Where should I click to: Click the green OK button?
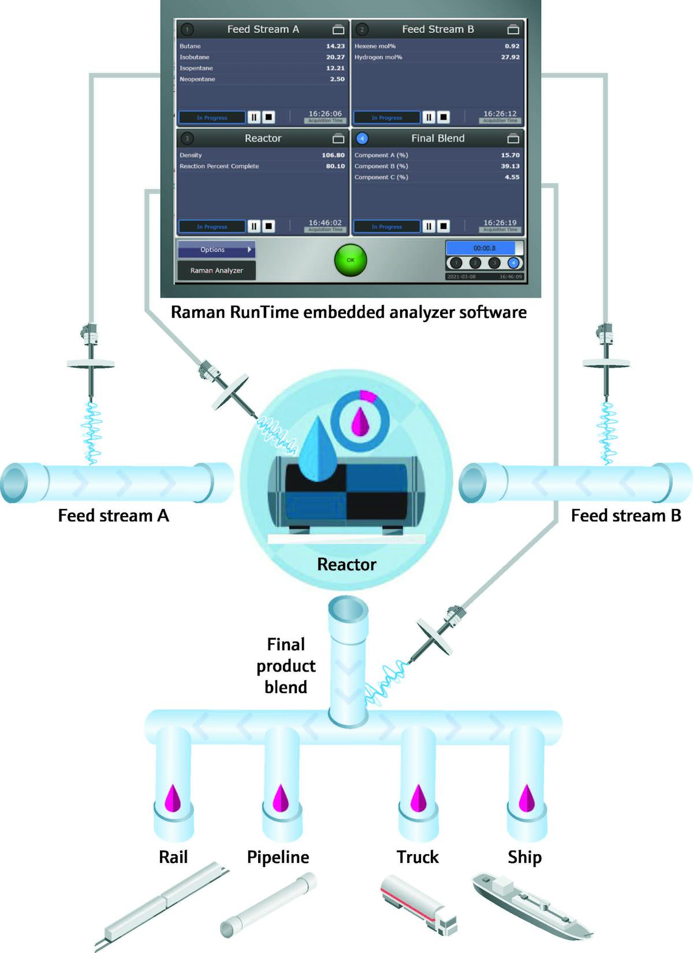(351, 260)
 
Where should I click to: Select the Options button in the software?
(217, 250)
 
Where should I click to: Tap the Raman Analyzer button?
(217, 270)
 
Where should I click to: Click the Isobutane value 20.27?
(335, 57)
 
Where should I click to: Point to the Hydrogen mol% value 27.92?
(510, 57)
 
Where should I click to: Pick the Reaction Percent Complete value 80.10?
(335, 166)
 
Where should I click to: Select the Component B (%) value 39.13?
(510, 166)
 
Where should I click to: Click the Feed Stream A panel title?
(263, 29)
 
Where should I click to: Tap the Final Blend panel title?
(438, 139)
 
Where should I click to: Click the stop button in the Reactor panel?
(269, 227)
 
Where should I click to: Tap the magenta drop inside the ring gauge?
(361, 422)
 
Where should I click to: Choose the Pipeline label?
(278, 857)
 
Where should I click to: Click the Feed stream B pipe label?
(626, 516)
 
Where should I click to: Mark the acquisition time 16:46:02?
(325, 223)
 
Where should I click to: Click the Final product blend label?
(286, 666)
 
